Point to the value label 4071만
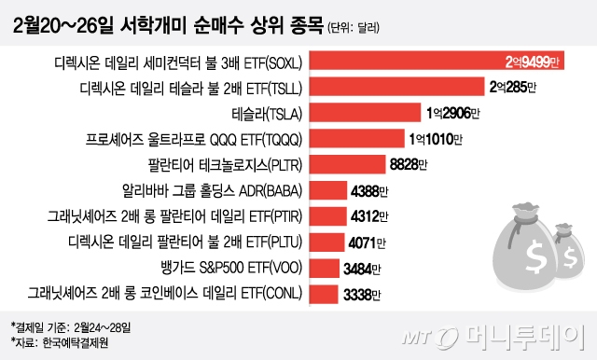[364, 243]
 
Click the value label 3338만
[355, 295]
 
